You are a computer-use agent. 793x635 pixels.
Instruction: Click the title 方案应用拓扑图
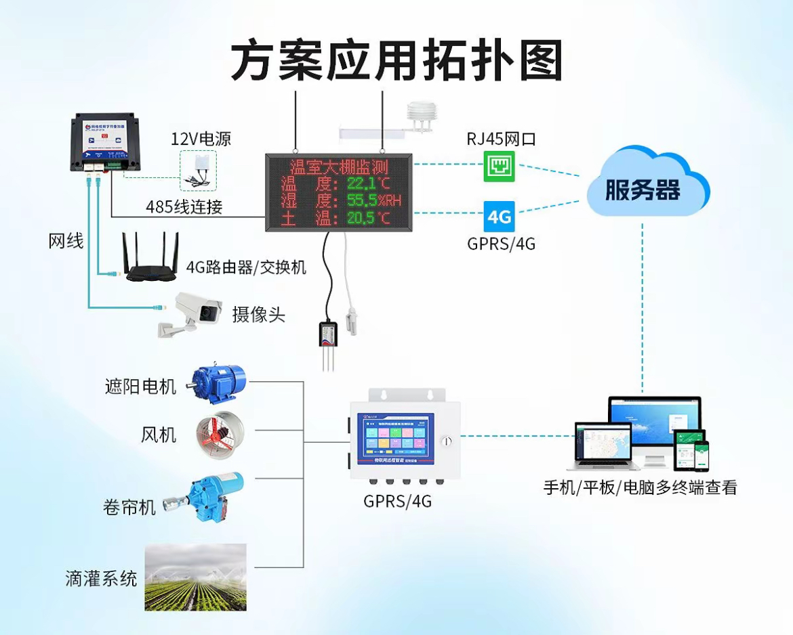coord(396,60)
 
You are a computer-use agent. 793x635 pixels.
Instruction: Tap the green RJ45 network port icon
coord(500,166)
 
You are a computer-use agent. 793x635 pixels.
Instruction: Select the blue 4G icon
coord(500,217)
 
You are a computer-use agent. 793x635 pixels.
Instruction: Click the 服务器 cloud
coord(643,186)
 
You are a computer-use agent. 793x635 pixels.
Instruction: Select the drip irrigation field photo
coord(195,577)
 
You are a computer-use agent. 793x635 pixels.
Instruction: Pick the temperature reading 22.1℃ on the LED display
coord(369,183)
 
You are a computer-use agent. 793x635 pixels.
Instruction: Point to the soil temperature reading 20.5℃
coord(369,218)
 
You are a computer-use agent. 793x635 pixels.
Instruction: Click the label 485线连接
coord(184,207)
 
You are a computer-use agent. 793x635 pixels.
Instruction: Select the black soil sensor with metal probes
coord(330,339)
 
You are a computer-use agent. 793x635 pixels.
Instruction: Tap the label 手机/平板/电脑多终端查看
coord(640,487)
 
